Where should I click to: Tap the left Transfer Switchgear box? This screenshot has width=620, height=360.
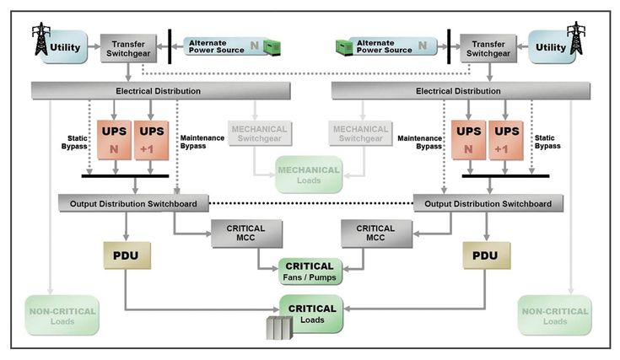(x=125, y=46)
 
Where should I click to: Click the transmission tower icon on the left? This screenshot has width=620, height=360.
(x=40, y=38)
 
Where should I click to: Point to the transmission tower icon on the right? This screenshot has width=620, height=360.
(x=576, y=38)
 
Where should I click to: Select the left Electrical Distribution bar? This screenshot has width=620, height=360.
(x=158, y=89)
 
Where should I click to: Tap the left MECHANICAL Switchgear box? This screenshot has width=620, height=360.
(x=258, y=133)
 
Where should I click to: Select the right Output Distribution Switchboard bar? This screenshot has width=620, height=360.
(x=488, y=203)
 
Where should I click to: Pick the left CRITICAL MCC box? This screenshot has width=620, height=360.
(x=245, y=233)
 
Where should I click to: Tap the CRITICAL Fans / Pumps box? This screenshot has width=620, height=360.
(x=311, y=271)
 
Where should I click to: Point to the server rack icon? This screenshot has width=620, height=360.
(x=280, y=327)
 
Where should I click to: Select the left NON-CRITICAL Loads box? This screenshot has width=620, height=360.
(x=62, y=314)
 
